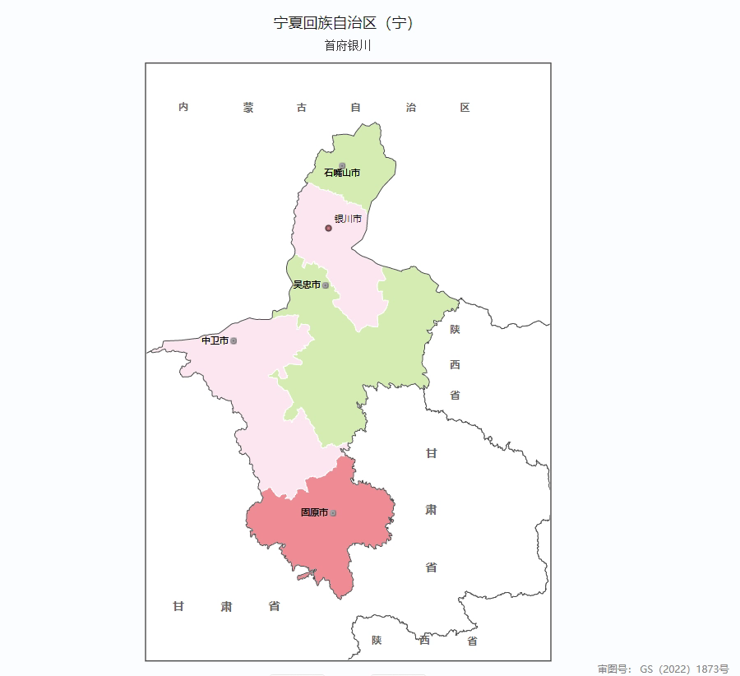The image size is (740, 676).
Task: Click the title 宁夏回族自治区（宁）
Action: click(343, 23)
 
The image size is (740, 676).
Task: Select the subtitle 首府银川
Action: click(348, 46)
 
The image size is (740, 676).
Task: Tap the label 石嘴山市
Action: click(341, 173)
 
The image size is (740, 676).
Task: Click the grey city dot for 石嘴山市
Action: click(342, 165)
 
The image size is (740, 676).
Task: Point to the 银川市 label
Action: click(348, 219)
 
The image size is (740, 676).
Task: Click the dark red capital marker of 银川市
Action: click(328, 228)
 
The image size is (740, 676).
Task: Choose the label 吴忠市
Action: click(306, 285)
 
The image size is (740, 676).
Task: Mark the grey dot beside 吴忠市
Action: click(326, 285)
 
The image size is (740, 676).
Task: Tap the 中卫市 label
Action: click(215, 340)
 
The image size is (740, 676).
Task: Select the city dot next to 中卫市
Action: click(234, 340)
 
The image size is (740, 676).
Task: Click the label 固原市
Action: click(314, 512)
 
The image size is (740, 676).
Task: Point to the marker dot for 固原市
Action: click(333, 513)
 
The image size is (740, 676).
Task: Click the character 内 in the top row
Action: click(183, 108)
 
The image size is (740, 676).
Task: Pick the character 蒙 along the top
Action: click(248, 108)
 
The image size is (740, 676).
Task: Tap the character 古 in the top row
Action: click(302, 108)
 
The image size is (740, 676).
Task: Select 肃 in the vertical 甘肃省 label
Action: click(431, 510)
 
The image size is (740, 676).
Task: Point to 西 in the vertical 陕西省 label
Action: click(455, 364)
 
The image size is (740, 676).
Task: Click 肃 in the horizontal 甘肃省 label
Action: click(226, 607)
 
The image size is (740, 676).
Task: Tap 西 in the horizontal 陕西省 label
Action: click(424, 641)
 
